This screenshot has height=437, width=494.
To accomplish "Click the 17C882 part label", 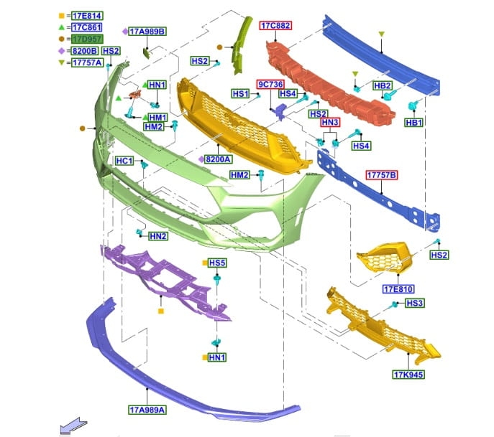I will [275, 26].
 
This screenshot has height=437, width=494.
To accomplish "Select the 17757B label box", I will [383, 175].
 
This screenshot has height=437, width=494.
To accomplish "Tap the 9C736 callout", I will [271, 83].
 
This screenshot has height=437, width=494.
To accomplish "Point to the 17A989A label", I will [147, 410].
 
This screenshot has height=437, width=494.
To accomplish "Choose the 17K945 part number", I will [408, 375].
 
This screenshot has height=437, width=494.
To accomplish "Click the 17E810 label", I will [398, 290].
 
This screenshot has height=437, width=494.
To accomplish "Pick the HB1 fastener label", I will [414, 123].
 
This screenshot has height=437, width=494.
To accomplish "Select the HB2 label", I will [383, 85].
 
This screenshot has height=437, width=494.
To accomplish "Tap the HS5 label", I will [218, 263].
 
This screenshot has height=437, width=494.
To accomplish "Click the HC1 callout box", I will [124, 161].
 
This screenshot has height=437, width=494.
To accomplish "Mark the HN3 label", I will [330, 123].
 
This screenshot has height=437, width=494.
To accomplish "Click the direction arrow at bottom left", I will [69, 428].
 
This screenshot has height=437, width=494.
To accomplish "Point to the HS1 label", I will [240, 94].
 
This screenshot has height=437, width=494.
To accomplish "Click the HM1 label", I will [157, 117].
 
